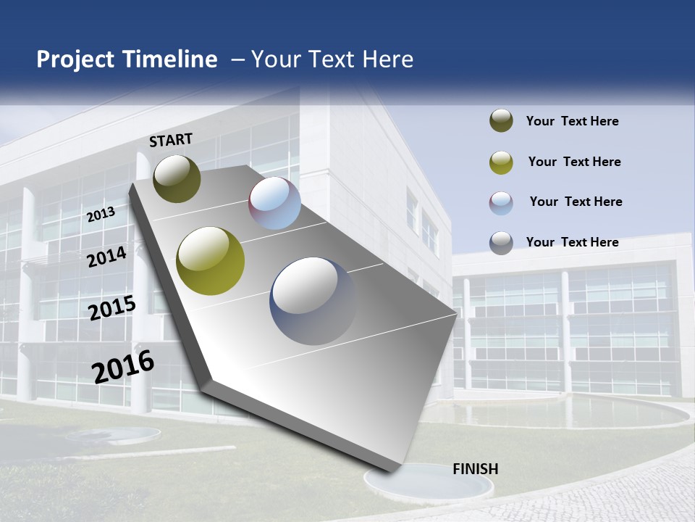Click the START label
point(171,140)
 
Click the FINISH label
point(475,469)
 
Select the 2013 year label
point(101,215)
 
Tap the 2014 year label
point(107,257)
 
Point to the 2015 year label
point(112,308)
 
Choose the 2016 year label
point(123,367)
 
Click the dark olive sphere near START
point(177,178)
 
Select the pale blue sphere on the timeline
point(275,203)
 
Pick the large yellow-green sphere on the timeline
point(211,261)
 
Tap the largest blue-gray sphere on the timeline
point(313,301)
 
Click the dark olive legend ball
point(501,121)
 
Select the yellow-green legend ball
point(501,162)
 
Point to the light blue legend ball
point(501,202)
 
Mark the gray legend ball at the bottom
point(501,243)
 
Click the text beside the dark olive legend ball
point(572,121)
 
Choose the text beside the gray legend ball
point(572,242)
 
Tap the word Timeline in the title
point(170,59)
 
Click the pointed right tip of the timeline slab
point(454,314)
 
